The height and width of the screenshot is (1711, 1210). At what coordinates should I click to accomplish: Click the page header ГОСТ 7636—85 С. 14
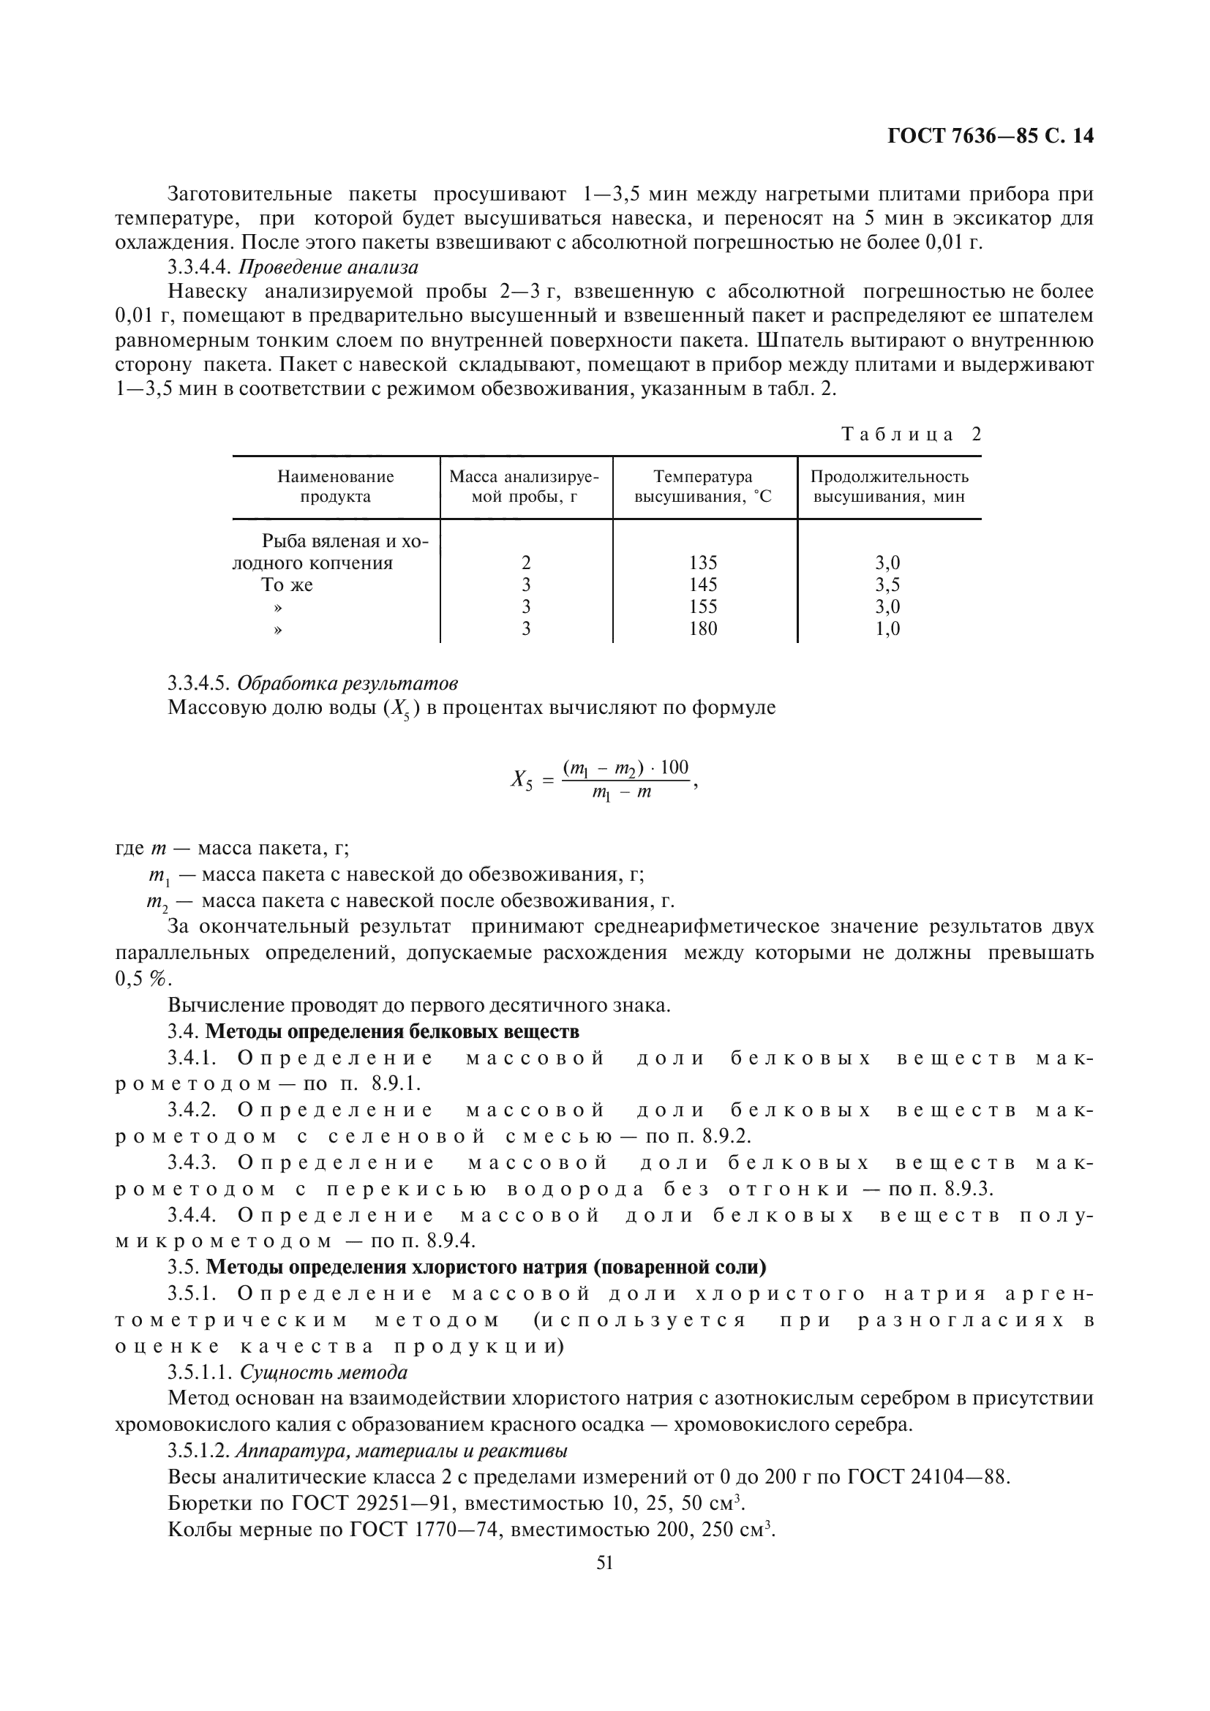991,136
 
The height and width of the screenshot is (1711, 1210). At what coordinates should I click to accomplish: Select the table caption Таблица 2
912,435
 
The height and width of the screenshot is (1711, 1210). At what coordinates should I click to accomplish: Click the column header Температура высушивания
702,486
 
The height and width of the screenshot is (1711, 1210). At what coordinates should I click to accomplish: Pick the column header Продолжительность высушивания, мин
889,486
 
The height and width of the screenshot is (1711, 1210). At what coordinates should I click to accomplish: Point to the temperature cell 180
702,629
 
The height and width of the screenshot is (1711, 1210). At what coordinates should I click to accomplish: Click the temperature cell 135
702,563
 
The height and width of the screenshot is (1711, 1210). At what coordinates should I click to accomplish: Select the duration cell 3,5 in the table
887,585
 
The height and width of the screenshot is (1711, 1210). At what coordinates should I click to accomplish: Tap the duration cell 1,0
887,629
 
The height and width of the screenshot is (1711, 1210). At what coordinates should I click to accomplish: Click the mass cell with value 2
526,563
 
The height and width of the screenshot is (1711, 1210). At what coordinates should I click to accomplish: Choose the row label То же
287,585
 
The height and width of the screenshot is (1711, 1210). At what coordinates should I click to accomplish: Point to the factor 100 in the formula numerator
674,767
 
